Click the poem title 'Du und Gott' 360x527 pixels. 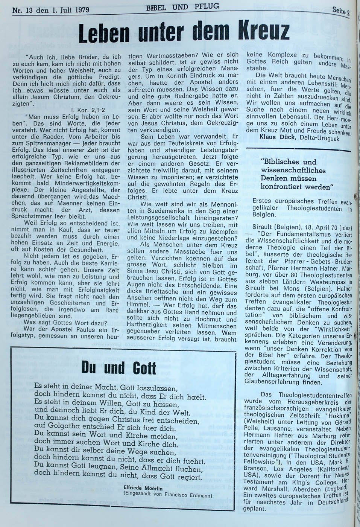118,367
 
